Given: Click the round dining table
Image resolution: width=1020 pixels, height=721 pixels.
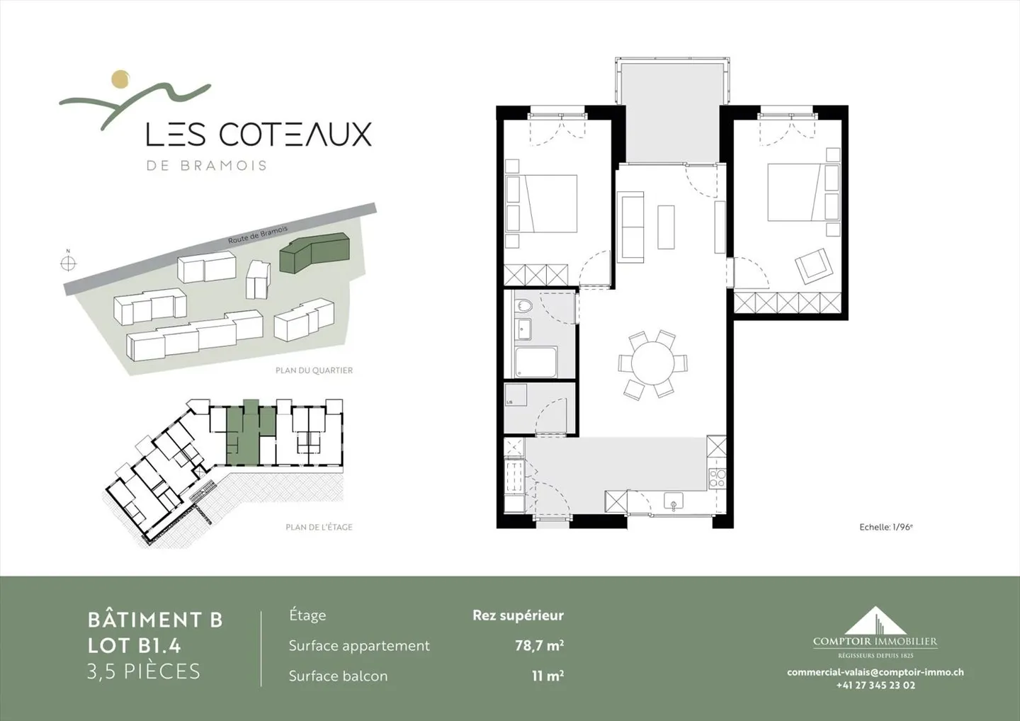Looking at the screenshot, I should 653,363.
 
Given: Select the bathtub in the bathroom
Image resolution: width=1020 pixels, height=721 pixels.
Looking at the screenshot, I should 535,362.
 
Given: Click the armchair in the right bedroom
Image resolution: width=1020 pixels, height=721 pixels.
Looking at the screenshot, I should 812,265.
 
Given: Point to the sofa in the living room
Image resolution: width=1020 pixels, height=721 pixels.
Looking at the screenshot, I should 632,227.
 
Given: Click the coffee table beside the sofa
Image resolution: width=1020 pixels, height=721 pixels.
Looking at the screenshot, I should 666,227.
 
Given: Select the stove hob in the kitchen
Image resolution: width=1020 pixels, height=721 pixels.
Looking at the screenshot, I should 717,478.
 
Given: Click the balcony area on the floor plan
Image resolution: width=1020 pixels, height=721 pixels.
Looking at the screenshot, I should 671,113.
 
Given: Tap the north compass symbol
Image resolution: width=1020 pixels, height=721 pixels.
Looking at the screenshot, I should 68,263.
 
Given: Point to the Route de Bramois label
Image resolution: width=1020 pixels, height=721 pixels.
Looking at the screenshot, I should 258,236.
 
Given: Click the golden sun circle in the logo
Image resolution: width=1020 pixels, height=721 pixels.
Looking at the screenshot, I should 121,79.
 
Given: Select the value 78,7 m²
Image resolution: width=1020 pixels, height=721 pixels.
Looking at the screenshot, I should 539,645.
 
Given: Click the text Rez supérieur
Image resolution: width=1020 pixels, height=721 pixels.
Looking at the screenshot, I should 518,615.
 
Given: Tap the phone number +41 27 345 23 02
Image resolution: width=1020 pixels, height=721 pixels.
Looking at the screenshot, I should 875,685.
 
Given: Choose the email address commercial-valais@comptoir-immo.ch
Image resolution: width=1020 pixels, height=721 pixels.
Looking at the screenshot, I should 875,672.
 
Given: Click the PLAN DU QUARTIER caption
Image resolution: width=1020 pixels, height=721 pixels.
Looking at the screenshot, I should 314,370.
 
